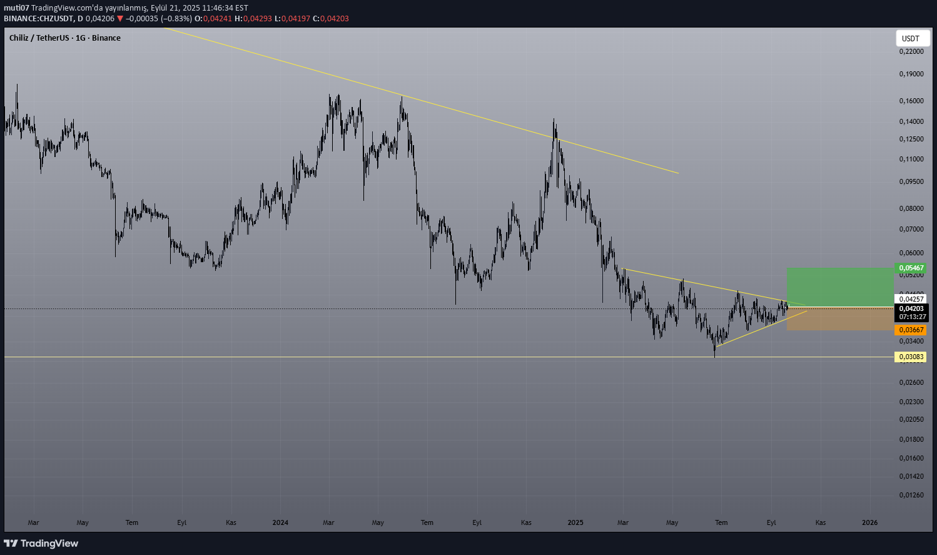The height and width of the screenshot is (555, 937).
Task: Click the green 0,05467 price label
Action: pyautogui.click(x=911, y=268)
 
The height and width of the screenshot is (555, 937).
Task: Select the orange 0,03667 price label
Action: pyautogui.click(x=911, y=330)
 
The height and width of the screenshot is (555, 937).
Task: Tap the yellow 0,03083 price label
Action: pyautogui.click(x=911, y=357)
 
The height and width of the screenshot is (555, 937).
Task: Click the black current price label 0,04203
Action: pyautogui.click(x=911, y=308)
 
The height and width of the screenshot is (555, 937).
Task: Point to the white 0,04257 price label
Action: pyautogui.click(x=911, y=299)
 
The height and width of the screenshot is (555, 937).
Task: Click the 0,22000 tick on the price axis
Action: pyautogui.click(x=911, y=51)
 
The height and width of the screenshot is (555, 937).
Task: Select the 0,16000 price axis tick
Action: pyautogui.click(x=911, y=101)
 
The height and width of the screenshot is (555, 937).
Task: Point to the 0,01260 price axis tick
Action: pyautogui.click(x=911, y=495)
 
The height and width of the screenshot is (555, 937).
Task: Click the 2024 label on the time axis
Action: pyautogui.click(x=280, y=522)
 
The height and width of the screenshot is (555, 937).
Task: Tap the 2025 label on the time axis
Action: pyautogui.click(x=575, y=522)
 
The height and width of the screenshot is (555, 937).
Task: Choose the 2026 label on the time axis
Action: pyautogui.click(x=869, y=522)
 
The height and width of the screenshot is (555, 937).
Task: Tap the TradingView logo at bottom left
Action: pyautogui.click(x=41, y=543)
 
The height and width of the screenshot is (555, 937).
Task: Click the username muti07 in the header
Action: pyautogui.click(x=16, y=8)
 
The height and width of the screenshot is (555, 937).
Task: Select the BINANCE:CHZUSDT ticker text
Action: pyautogui.click(x=38, y=19)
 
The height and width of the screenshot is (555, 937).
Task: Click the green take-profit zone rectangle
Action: pyautogui.click(x=839, y=287)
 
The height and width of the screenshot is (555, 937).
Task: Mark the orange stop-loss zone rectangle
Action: pyautogui.click(x=839, y=318)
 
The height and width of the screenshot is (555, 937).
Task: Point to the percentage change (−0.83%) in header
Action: pyautogui.click(x=176, y=19)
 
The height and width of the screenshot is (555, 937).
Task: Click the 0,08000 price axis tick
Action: pyautogui.click(x=911, y=208)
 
